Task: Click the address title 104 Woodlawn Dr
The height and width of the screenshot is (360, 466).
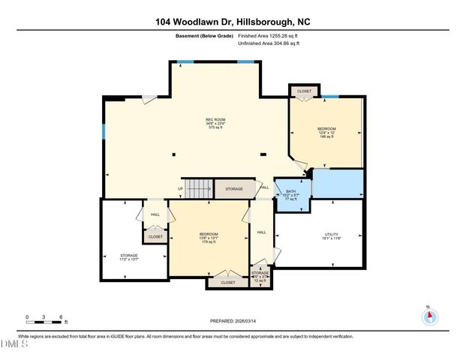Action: click(x=233, y=22)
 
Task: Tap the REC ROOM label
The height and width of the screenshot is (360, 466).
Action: click(x=216, y=123)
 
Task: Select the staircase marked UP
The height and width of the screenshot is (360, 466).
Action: click(x=199, y=189)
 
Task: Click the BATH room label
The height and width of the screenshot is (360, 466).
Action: click(x=291, y=194)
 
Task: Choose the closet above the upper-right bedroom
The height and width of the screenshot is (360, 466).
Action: click(x=304, y=91)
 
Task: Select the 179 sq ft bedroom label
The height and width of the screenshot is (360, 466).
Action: click(x=209, y=238)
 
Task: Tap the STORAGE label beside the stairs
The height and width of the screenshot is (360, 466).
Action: click(x=234, y=189)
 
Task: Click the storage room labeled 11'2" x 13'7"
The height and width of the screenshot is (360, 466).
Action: click(x=129, y=258)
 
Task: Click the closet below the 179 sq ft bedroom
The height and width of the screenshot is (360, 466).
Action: click(x=227, y=282)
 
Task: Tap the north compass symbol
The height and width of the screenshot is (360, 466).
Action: click(x=430, y=316)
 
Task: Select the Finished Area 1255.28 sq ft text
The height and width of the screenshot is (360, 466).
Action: click(x=268, y=35)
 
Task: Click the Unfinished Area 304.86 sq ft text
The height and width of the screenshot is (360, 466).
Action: click(x=268, y=44)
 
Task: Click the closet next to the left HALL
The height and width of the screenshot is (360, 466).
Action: click(x=155, y=236)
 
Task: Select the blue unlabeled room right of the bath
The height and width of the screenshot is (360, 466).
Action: click(x=337, y=183)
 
